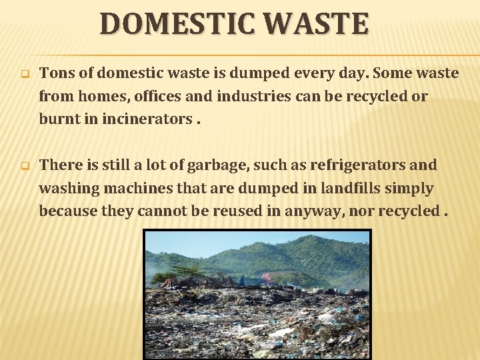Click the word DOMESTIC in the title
[x=176, y=23]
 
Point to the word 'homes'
[x=101, y=97]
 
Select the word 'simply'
[x=413, y=189]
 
